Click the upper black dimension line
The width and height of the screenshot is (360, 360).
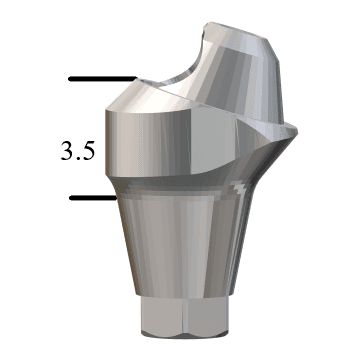(x=100, y=77)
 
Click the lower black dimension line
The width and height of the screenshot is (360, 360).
(x=94, y=197)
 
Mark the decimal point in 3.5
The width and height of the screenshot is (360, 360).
(x=80, y=158)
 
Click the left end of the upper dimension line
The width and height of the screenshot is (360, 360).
(x=68, y=77)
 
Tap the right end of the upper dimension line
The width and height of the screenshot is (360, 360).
(x=133, y=77)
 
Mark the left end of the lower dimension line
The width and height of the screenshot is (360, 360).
(x=70, y=197)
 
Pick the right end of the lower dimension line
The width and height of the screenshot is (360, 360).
(x=119, y=197)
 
